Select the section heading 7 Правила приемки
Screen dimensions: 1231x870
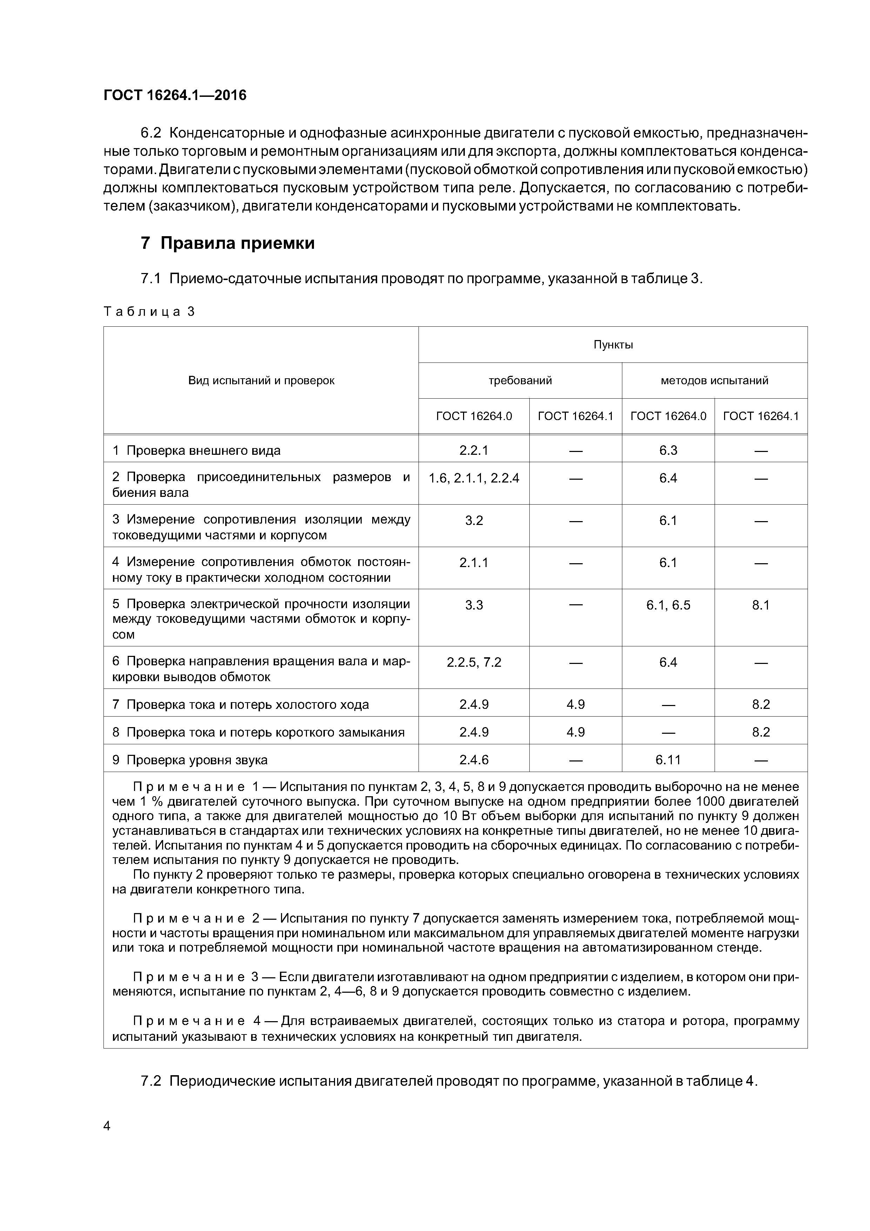(227, 244)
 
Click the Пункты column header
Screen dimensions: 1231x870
(613, 345)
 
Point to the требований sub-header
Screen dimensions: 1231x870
(520, 381)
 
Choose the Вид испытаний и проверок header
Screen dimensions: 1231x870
(261, 381)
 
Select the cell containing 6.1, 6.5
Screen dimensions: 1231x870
(668, 605)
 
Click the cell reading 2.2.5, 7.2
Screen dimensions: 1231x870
(474, 663)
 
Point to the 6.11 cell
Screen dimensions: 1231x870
(668, 760)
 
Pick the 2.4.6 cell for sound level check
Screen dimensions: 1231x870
(474, 760)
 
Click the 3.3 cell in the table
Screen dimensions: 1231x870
(474, 605)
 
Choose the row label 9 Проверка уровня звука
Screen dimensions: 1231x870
(190, 760)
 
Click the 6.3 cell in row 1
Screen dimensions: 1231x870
(668, 450)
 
